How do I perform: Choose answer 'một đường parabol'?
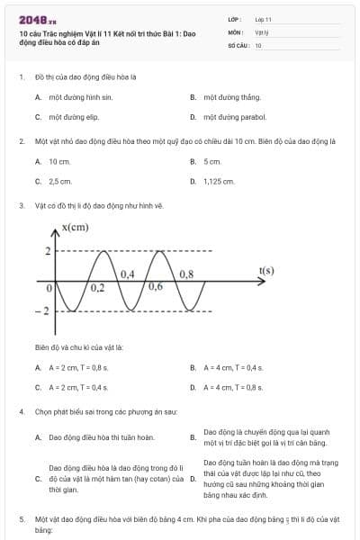pos(234,117)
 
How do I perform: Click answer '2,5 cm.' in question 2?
pos(60,181)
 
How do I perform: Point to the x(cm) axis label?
pos(76,228)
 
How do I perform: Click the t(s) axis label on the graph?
pos(265,270)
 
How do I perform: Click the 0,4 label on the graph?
pos(127,273)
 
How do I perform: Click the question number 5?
pos(22,519)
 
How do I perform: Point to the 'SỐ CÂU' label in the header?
pos(238,44)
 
